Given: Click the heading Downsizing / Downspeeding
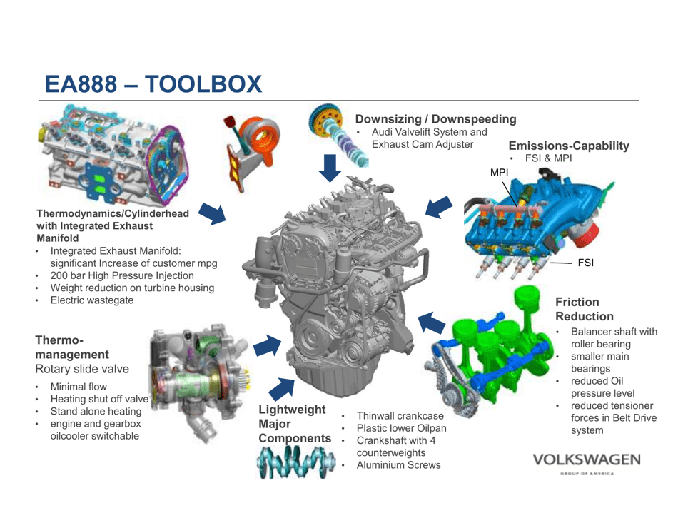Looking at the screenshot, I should click(435, 118).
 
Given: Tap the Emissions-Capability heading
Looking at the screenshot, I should click(569, 146).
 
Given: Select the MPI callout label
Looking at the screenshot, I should click(499, 172).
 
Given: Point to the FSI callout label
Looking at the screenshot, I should click(585, 263).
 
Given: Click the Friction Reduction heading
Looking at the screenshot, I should click(584, 309).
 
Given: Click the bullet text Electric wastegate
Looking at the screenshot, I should click(91, 300).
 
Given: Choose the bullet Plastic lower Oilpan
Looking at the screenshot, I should click(401, 428).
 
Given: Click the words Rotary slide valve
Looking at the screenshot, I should click(82, 369).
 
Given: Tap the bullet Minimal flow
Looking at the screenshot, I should click(79, 387).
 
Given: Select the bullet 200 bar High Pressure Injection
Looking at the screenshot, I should click(122, 275).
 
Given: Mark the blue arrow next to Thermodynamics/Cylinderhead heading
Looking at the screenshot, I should click(211, 213).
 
